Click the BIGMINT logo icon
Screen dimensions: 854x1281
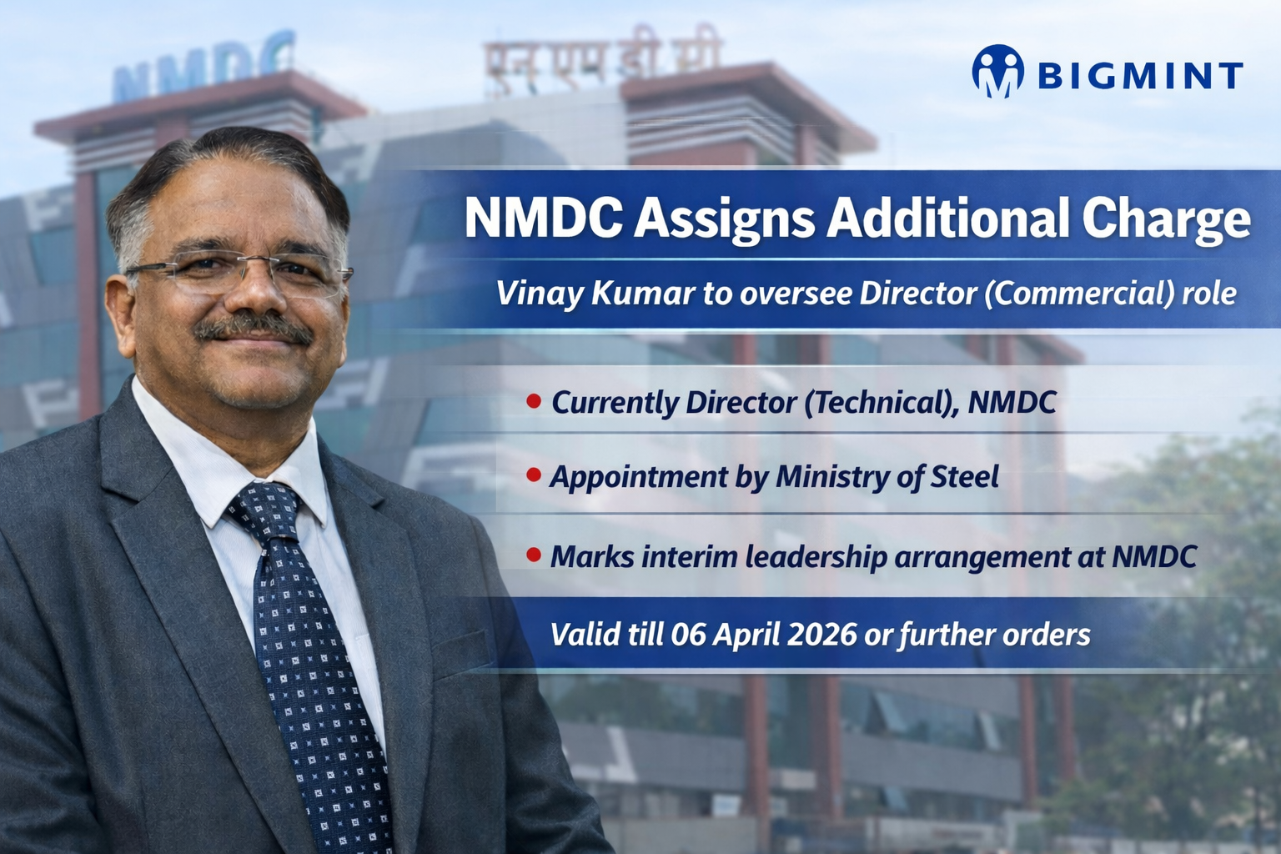[997, 72]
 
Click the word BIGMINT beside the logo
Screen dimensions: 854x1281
[1140, 76]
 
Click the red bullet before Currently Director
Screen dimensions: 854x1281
[534, 401]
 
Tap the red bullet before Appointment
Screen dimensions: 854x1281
[534, 475]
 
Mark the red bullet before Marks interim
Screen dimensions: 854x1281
[534, 555]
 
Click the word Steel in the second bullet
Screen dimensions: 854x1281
[964, 476]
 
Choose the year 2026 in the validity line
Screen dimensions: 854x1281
[821, 635]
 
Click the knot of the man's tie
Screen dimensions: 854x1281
[265, 510]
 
